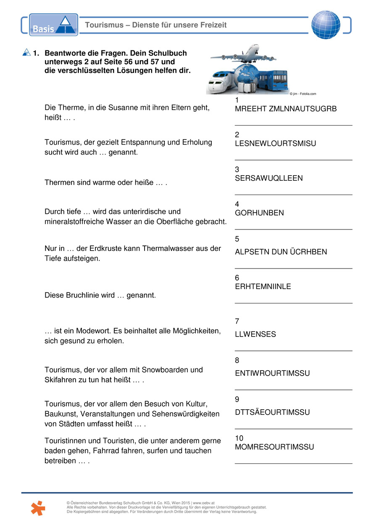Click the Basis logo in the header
coord(53,25)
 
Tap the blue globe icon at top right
coord(326,24)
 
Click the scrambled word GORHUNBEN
coord(259,213)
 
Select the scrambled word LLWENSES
coord(255,334)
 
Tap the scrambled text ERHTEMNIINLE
coord(263,287)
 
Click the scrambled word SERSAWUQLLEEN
coord(269,178)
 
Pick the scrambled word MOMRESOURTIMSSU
coord(274,447)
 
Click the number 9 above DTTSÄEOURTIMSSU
coord(237,400)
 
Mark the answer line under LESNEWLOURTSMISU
coord(293,160)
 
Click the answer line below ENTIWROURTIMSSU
coord(293,390)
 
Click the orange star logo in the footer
coord(37,508)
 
